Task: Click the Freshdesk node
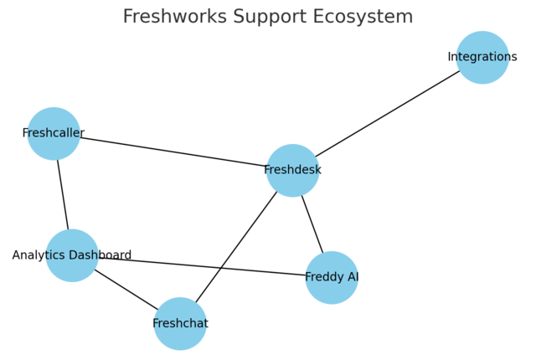tap(292, 171)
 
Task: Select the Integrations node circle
tap(482, 58)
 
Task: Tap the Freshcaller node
tap(54, 133)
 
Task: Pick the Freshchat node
tap(180, 323)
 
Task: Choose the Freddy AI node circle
tap(332, 277)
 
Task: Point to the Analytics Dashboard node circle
tap(72, 255)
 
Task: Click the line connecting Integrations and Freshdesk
tap(388, 114)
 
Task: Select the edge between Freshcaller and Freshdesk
tap(173, 152)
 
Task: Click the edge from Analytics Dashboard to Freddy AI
tap(202, 266)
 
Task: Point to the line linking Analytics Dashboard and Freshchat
tap(126, 289)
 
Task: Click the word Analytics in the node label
tap(39, 255)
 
